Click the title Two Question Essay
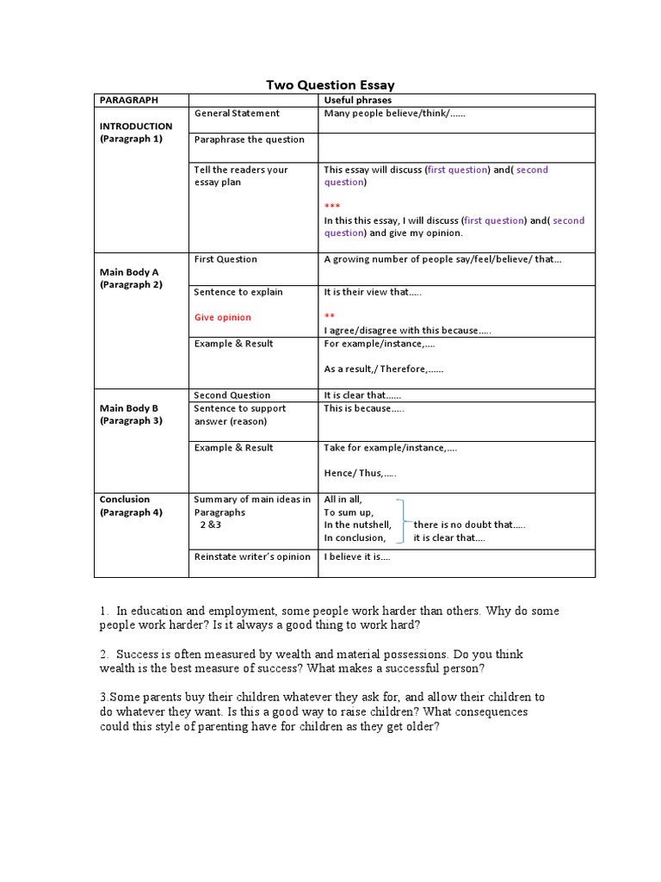point(330,84)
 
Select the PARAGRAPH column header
point(128,100)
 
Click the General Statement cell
point(237,113)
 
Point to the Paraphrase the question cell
point(249,140)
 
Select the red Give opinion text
point(222,317)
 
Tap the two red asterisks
point(330,317)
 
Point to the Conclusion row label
point(125,500)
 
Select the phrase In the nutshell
point(357,525)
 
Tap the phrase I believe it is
point(356,556)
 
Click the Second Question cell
point(232,395)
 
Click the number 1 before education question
point(104,611)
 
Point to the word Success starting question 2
point(138,655)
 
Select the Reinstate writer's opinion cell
point(252,556)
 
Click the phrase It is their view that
point(373,292)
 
